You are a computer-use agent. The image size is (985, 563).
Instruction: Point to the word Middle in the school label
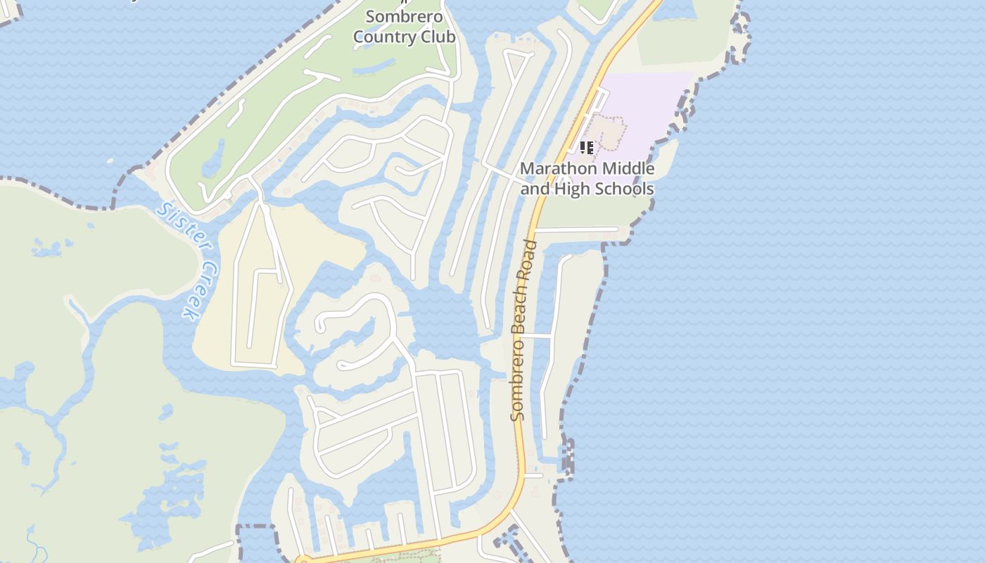628,169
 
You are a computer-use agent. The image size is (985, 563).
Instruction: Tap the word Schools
623,189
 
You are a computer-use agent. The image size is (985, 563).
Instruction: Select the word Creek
198,291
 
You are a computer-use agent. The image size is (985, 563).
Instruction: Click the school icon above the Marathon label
586,148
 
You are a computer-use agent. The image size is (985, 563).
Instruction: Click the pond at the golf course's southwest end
212,160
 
